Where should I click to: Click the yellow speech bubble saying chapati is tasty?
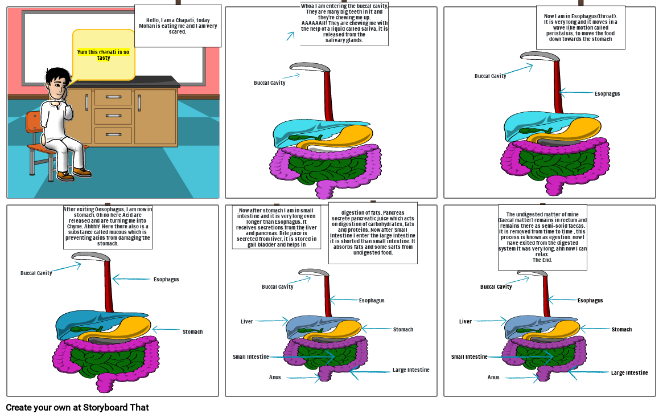[103, 55]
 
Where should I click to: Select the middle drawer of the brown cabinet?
[113, 116]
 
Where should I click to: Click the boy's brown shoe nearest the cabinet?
[82, 171]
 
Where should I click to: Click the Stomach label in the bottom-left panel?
[192, 331]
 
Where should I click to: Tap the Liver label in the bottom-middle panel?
[246, 321]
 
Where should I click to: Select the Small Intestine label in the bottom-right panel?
[469, 357]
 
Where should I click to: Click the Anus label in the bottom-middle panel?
[275, 377]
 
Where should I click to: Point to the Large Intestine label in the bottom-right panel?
[629, 372]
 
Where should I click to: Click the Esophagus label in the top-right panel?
[607, 93]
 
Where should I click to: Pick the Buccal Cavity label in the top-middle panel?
[269, 83]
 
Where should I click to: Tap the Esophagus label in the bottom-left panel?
[166, 279]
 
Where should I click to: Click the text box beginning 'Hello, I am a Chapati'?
[178, 26]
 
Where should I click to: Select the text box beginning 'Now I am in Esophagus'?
[580, 28]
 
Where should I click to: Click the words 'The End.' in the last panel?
[542, 260]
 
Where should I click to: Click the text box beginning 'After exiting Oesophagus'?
[108, 227]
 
